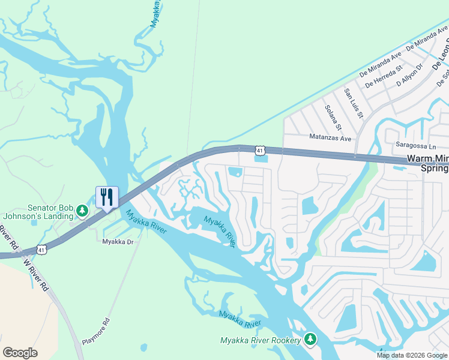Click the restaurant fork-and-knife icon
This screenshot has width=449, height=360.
[107, 197]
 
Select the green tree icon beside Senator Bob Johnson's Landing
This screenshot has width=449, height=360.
[83, 211]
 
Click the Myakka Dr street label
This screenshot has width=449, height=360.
[116, 242]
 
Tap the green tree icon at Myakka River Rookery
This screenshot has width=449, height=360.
[310, 340]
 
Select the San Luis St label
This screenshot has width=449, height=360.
[353, 103]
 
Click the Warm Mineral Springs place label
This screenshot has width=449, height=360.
[427, 164]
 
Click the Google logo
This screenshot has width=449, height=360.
[20, 353]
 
